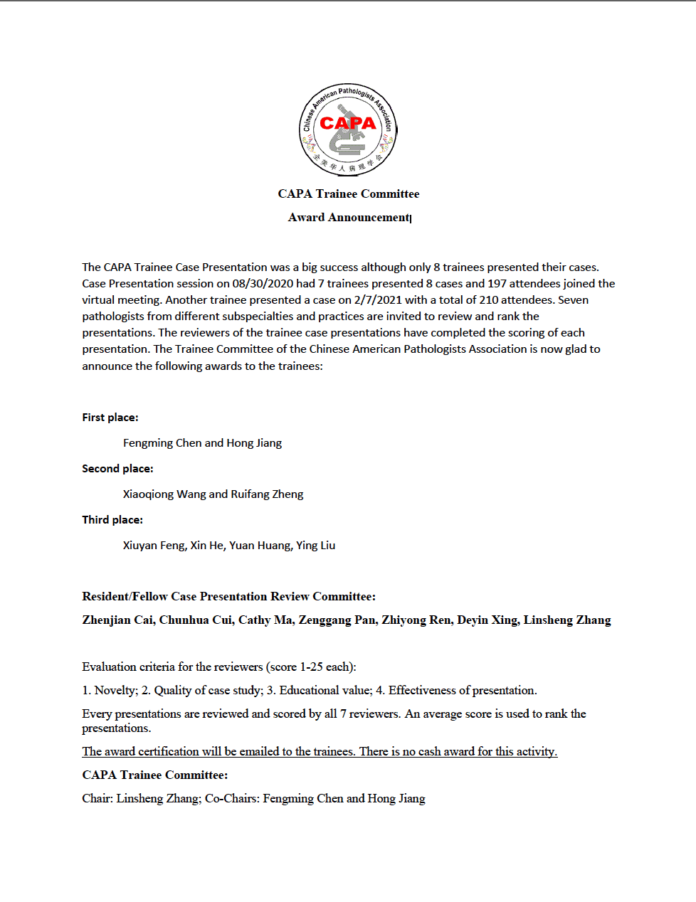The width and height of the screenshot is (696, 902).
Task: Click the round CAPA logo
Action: (348, 129)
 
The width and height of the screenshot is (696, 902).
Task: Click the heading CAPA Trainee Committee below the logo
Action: (348, 193)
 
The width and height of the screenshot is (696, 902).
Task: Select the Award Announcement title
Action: (349, 217)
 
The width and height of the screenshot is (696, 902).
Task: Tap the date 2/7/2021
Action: (378, 299)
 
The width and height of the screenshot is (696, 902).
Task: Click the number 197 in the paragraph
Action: (497, 283)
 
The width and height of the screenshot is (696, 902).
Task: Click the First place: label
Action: (110, 417)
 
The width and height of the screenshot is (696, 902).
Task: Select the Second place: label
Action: (117, 468)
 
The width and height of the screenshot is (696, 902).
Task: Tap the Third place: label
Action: (112, 519)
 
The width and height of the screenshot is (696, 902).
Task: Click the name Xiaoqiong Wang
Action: (164, 494)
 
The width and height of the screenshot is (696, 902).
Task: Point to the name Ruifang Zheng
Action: (267, 494)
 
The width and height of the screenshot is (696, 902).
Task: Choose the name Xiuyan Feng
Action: (154, 545)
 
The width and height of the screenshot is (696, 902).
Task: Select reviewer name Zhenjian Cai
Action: (117, 620)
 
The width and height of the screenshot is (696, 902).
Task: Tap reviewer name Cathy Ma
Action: (265, 620)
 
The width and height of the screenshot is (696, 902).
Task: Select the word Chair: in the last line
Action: (97, 798)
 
